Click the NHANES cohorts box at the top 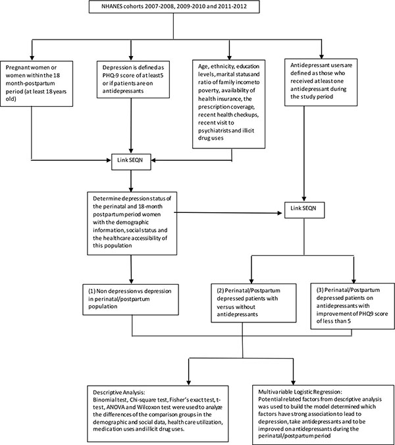pyautogui.click(x=174, y=7)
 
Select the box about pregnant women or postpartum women pyautogui.click(x=37, y=84)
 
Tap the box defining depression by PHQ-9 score pyautogui.click(x=133, y=80)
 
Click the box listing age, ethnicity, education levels pyautogui.click(x=228, y=104)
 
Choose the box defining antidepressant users pyautogui.click(x=321, y=82)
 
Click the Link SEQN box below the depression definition pyautogui.click(x=131, y=162)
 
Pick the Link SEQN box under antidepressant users pyautogui.click(x=304, y=210)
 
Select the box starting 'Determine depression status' pyautogui.click(x=132, y=223)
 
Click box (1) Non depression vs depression pyautogui.click(x=130, y=299)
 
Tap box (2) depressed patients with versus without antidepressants pyautogui.click(x=253, y=303)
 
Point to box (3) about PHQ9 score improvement pyautogui.click(x=352, y=306)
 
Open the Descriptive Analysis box pyautogui.click(x=158, y=413)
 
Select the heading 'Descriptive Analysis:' pyautogui.click(x=119, y=392)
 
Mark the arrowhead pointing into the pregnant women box pyautogui.click(x=32, y=57)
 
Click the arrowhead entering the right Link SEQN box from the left pyautogui.click(x=280, y=213)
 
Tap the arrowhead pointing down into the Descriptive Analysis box pyautogui.click(x=189, y=382)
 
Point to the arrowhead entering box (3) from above pyautogui.click(x=354, y=280)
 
